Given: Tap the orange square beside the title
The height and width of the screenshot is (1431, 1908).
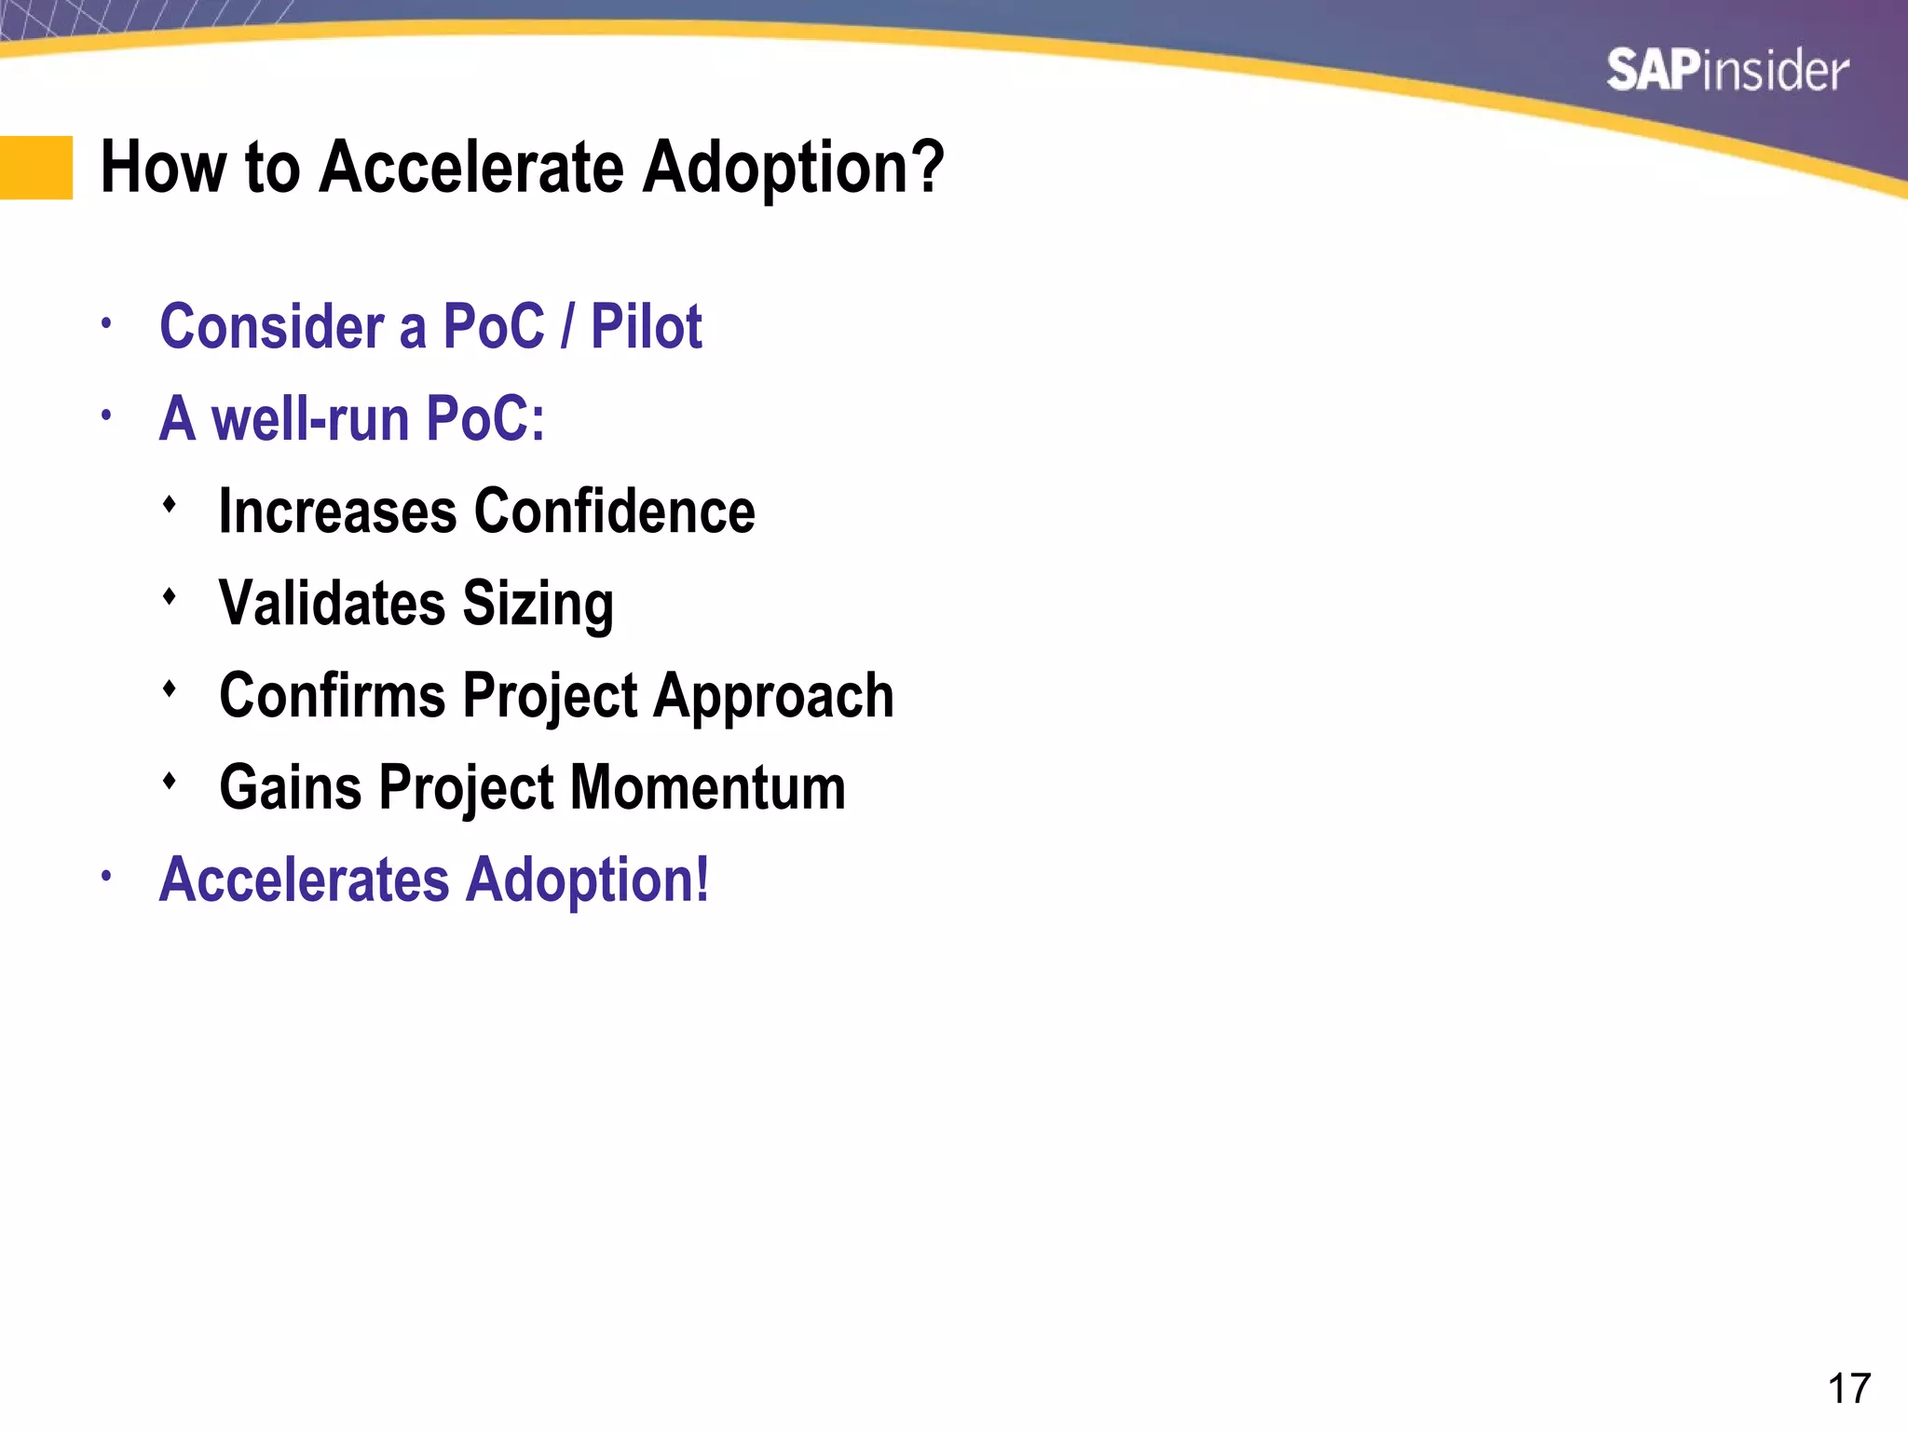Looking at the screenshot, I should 35,168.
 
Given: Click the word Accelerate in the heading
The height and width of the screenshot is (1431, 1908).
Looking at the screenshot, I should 470,168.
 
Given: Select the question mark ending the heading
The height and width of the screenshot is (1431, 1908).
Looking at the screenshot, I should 926,168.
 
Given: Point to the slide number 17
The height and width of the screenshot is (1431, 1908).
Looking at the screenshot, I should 1848,1388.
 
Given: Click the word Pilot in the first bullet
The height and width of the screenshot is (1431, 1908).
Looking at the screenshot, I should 646,327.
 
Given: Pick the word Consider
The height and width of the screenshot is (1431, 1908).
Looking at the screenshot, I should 272,327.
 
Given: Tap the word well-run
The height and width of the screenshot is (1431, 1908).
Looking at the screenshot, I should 310,419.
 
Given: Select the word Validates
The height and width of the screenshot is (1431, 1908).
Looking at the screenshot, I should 332,604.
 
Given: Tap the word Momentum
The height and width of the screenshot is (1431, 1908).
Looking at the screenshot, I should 707,788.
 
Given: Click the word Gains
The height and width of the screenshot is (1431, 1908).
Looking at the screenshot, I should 290,788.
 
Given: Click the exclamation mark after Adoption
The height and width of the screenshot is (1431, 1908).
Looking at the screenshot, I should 702,879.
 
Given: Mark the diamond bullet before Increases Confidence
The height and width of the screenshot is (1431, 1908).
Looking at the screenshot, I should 169,504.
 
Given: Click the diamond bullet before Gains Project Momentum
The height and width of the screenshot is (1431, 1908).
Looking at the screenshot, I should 169,781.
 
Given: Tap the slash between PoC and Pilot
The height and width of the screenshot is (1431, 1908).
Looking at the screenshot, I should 566,327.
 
